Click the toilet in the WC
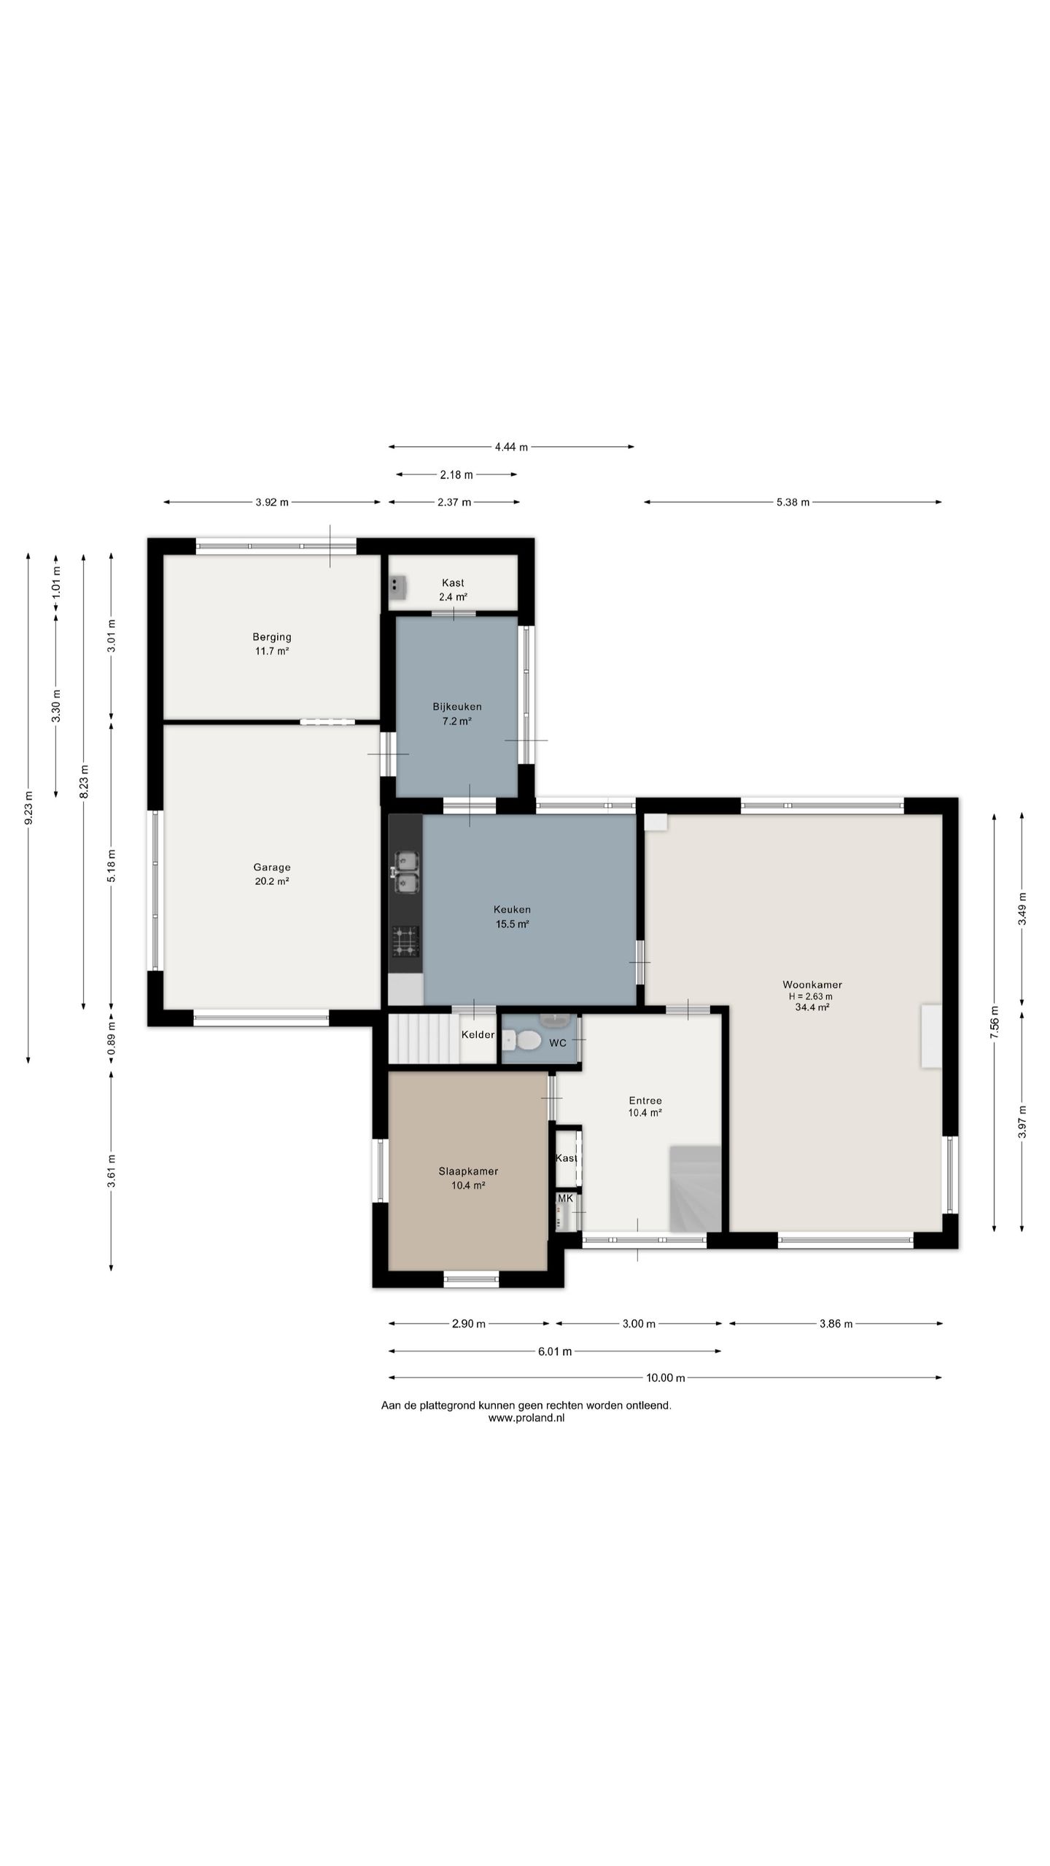click(x=523, y=1040)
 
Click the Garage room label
click(x=272, y=867)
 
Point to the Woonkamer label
click(x=812, y=984)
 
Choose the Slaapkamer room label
click(x=468, y=1171)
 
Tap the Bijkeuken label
click(x=457, y=706)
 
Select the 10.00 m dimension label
click(x=666, y=1378)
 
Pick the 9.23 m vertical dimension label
click(x=28, y=808)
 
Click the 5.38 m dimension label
click(x=793, y=502)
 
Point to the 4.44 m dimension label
click(x=511, y=447)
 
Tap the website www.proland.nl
click(x=526, y=1418)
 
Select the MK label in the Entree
click(x=565, y=1198)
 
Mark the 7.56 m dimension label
click(x=995, y=1023)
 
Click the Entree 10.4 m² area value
click(x=645, y=1113)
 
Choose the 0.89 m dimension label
click(x=112, y=1041)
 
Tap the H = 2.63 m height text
click(x=811, y=996)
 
